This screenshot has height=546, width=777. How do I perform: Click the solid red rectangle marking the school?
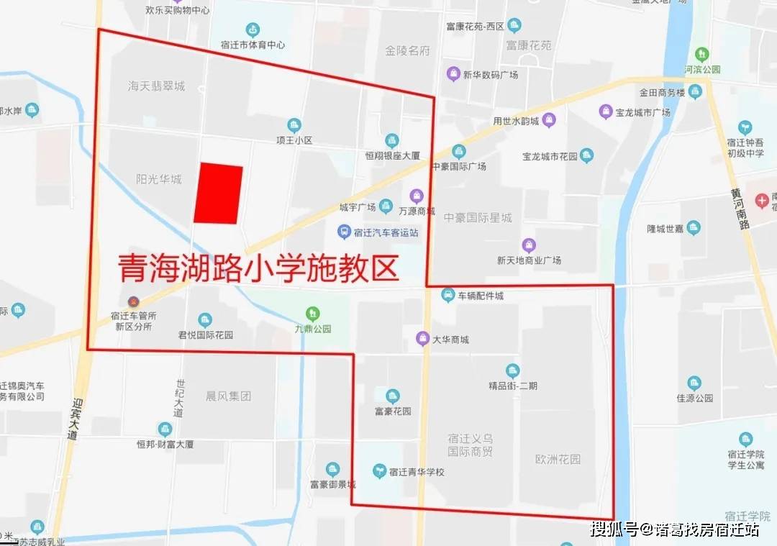218,194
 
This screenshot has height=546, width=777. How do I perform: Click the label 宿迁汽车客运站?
387,232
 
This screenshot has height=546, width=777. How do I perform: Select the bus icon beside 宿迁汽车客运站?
345,232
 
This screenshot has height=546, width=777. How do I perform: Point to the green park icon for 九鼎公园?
312,313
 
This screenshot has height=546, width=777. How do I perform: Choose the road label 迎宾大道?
71,420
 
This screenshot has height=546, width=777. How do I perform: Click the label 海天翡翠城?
156,86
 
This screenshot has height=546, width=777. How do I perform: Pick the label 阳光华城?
158,178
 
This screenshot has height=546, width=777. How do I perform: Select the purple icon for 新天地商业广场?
529,245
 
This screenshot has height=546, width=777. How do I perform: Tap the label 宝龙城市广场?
642,113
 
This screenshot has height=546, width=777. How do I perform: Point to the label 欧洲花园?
558,458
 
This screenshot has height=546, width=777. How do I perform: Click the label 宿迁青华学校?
417,472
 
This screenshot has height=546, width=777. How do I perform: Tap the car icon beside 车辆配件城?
448,295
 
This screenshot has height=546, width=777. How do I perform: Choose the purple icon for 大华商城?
423,338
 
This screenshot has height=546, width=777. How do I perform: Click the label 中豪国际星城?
478,217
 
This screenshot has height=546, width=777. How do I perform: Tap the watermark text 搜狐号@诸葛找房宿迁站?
674,529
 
